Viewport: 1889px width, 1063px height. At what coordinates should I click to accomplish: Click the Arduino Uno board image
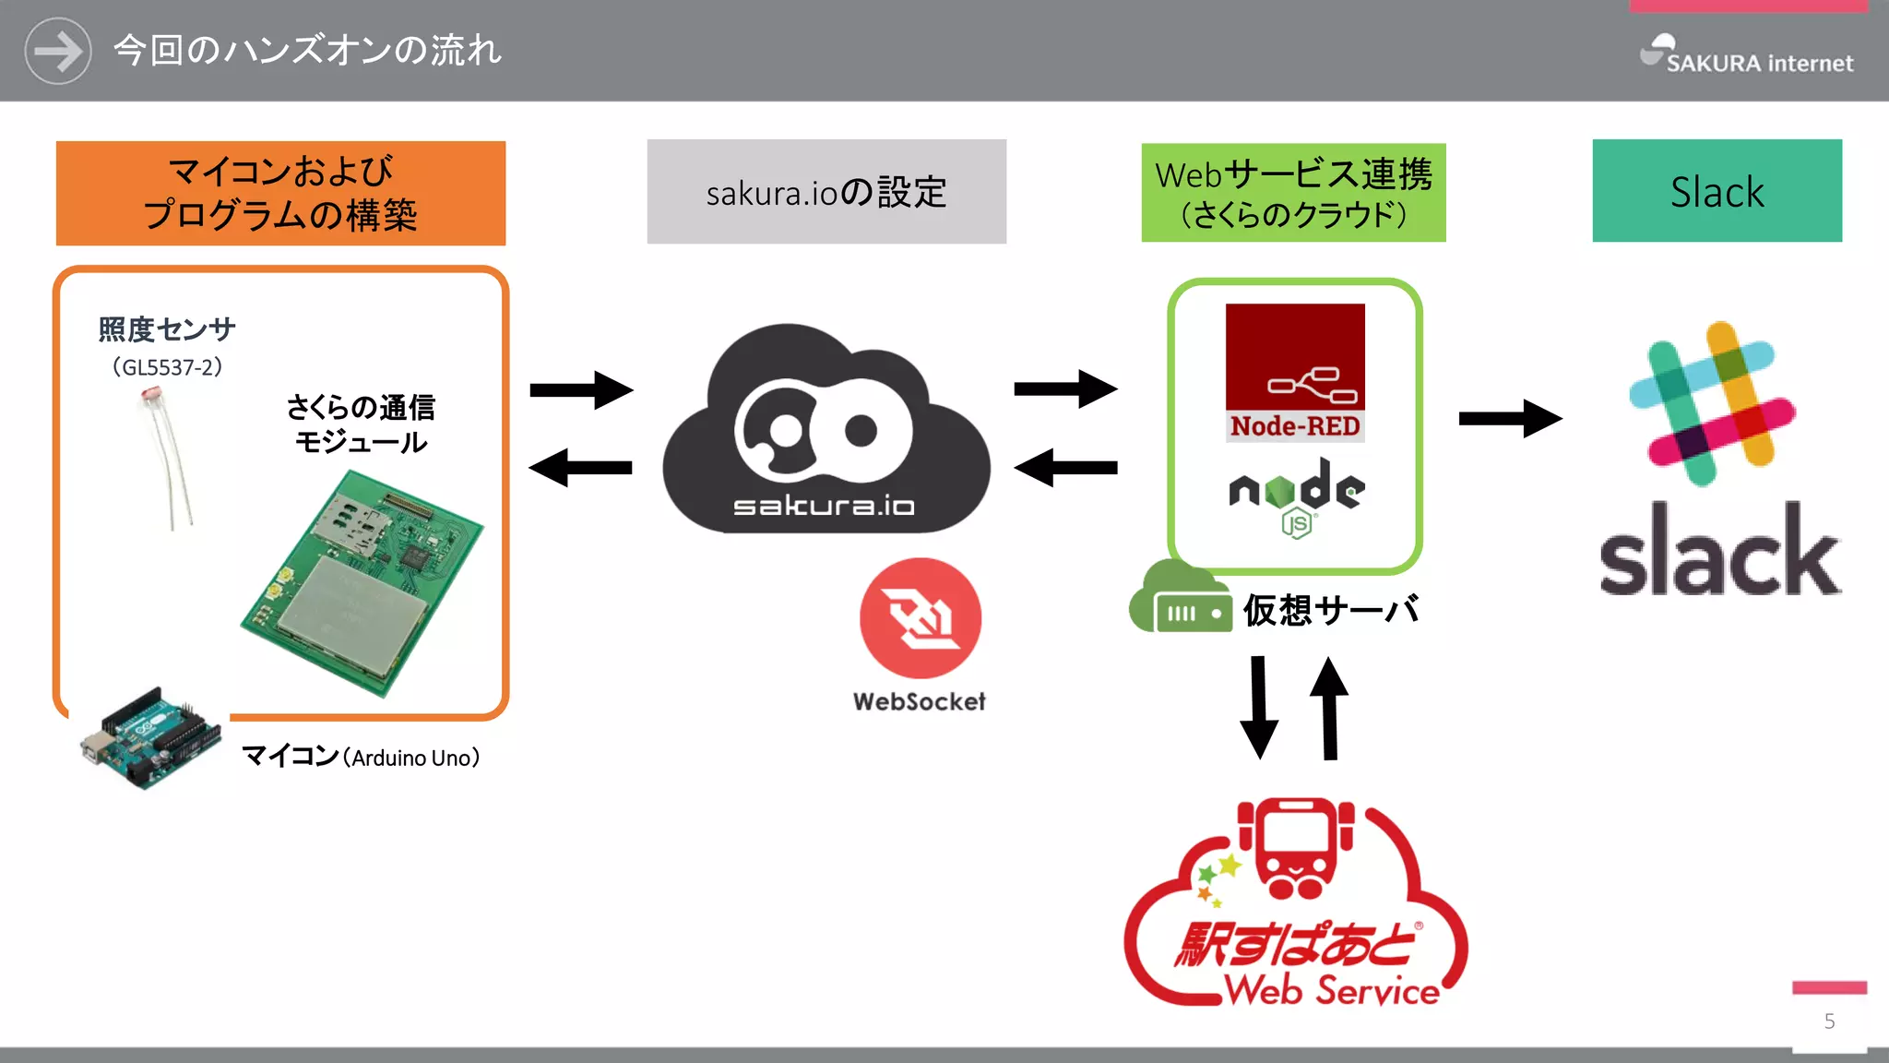pos(150,738)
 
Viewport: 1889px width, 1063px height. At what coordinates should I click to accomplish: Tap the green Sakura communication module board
pos(362,583)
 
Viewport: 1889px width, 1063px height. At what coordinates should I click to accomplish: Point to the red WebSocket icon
pos(920,618)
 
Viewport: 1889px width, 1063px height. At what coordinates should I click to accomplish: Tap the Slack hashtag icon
pos(1712,403)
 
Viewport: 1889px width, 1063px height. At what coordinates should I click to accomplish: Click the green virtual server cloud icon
pos(1180,600)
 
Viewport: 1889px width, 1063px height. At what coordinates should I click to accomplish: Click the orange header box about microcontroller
pos(280,193)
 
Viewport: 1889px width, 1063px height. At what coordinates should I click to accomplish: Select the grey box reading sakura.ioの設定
pos(826,192)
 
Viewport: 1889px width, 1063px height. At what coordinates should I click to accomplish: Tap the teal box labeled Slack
pos(1717,191)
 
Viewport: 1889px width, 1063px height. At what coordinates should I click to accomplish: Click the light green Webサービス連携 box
pos(1293,193)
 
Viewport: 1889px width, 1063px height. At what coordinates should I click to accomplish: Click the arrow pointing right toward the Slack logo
pos(1510,419)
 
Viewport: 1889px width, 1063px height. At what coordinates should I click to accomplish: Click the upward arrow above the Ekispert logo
pos(1329,707)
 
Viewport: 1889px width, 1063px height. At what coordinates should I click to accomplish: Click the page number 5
pos(1829,1021)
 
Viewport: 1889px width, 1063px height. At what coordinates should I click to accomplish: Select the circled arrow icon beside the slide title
pos(58,51)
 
